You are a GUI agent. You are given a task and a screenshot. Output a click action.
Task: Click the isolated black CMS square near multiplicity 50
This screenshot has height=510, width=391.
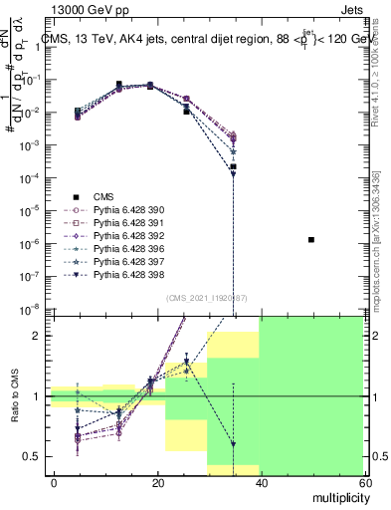[x=311, y=240]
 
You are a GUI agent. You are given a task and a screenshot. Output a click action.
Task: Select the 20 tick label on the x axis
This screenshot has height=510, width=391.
[x=157, y=482]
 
